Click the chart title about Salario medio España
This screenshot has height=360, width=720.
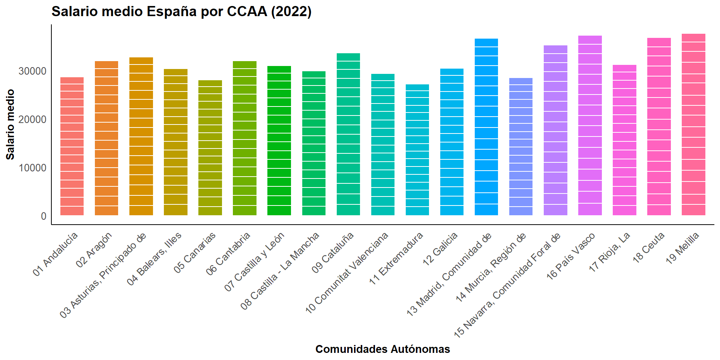coord(181,12)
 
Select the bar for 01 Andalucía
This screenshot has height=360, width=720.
coord(72,146)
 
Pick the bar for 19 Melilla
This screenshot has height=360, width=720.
coord(693,124)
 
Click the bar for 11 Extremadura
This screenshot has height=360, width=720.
coord(417,150)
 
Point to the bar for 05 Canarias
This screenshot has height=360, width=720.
coord(210,148)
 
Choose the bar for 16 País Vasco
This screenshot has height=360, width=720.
coord(590,125)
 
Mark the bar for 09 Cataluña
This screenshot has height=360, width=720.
coord(348,134)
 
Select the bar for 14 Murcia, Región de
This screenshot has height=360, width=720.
coord(521,147)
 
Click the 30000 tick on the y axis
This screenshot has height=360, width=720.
coord(33,71)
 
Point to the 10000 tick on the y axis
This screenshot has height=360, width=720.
coord(33,168)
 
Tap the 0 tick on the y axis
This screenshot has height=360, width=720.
coord(43,216)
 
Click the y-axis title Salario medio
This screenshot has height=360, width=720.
coord(10,124)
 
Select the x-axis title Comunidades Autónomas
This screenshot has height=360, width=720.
coord(382,349)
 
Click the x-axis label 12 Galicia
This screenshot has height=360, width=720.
coord(440,249)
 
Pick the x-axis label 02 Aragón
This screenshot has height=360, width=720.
coord(94,250)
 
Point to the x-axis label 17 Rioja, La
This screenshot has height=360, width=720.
coord(610,252)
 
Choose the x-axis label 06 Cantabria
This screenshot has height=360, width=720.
coord(228,253)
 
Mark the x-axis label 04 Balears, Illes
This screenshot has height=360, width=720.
coord(154,258)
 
